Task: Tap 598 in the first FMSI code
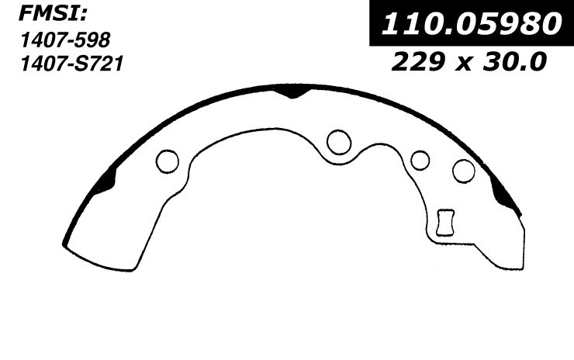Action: pyautogui.click(x=92, y=40)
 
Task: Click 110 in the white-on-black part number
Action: pyautogui.click(x=410, y=24)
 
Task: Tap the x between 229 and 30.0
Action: pyautogui.click(x=464, y=64)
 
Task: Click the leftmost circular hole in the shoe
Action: pyautogui.click(x=168, y=161)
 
